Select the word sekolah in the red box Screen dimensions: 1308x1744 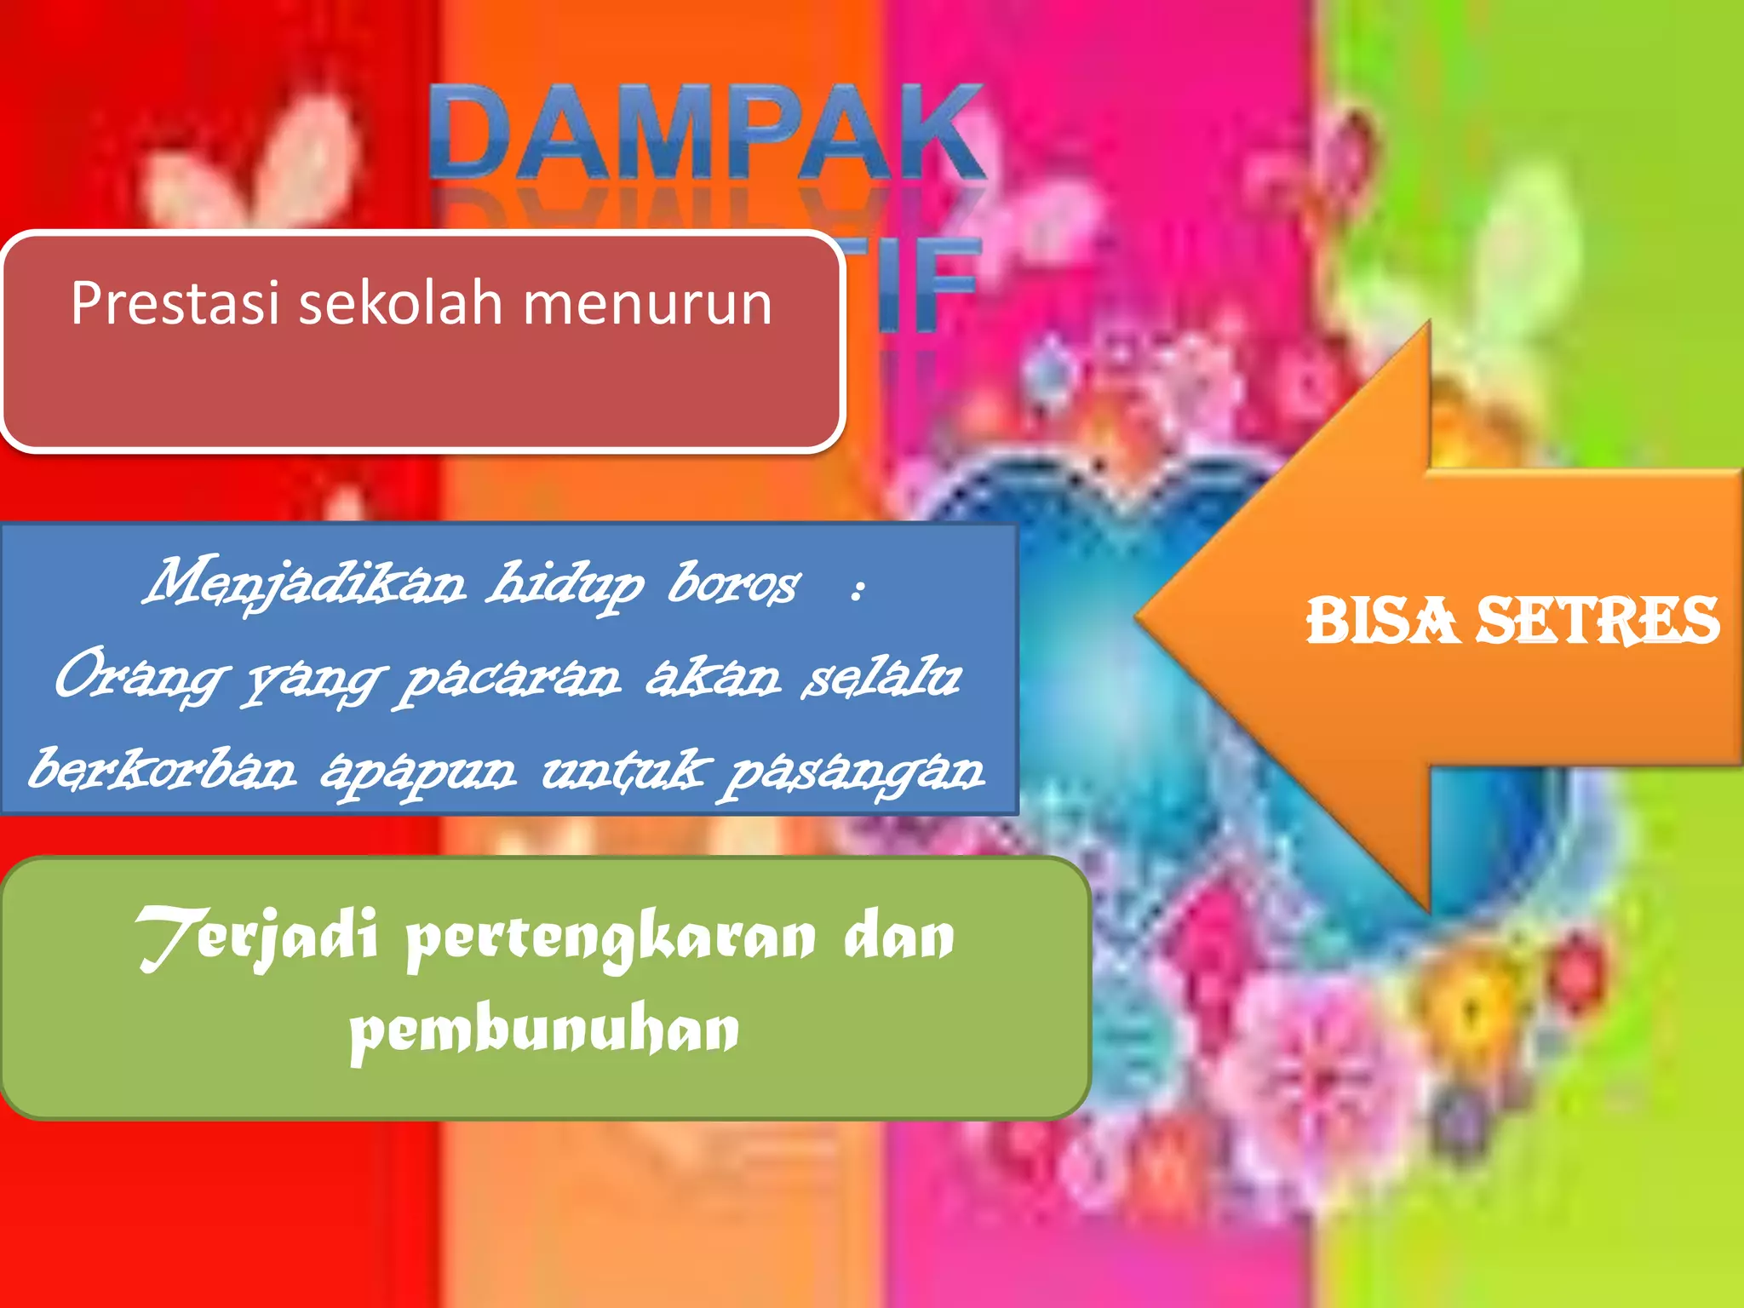point(400,303)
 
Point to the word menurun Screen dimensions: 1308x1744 point(647,305)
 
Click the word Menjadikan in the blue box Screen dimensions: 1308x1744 point(305,583)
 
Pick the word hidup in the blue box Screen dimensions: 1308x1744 point(565,586)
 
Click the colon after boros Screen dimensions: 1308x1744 point(858,588)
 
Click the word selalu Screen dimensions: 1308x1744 point(881,677)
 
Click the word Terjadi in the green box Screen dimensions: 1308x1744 point(255,937)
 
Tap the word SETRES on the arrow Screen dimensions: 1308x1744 point(1598,620)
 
